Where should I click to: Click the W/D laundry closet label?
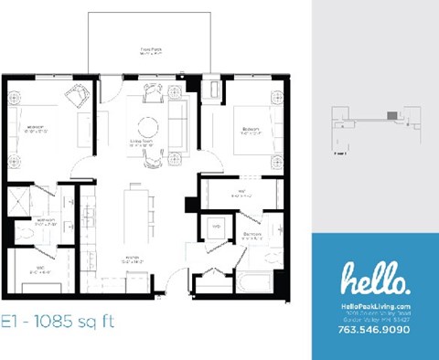(217, 225)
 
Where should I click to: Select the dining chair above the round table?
(150, 91)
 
